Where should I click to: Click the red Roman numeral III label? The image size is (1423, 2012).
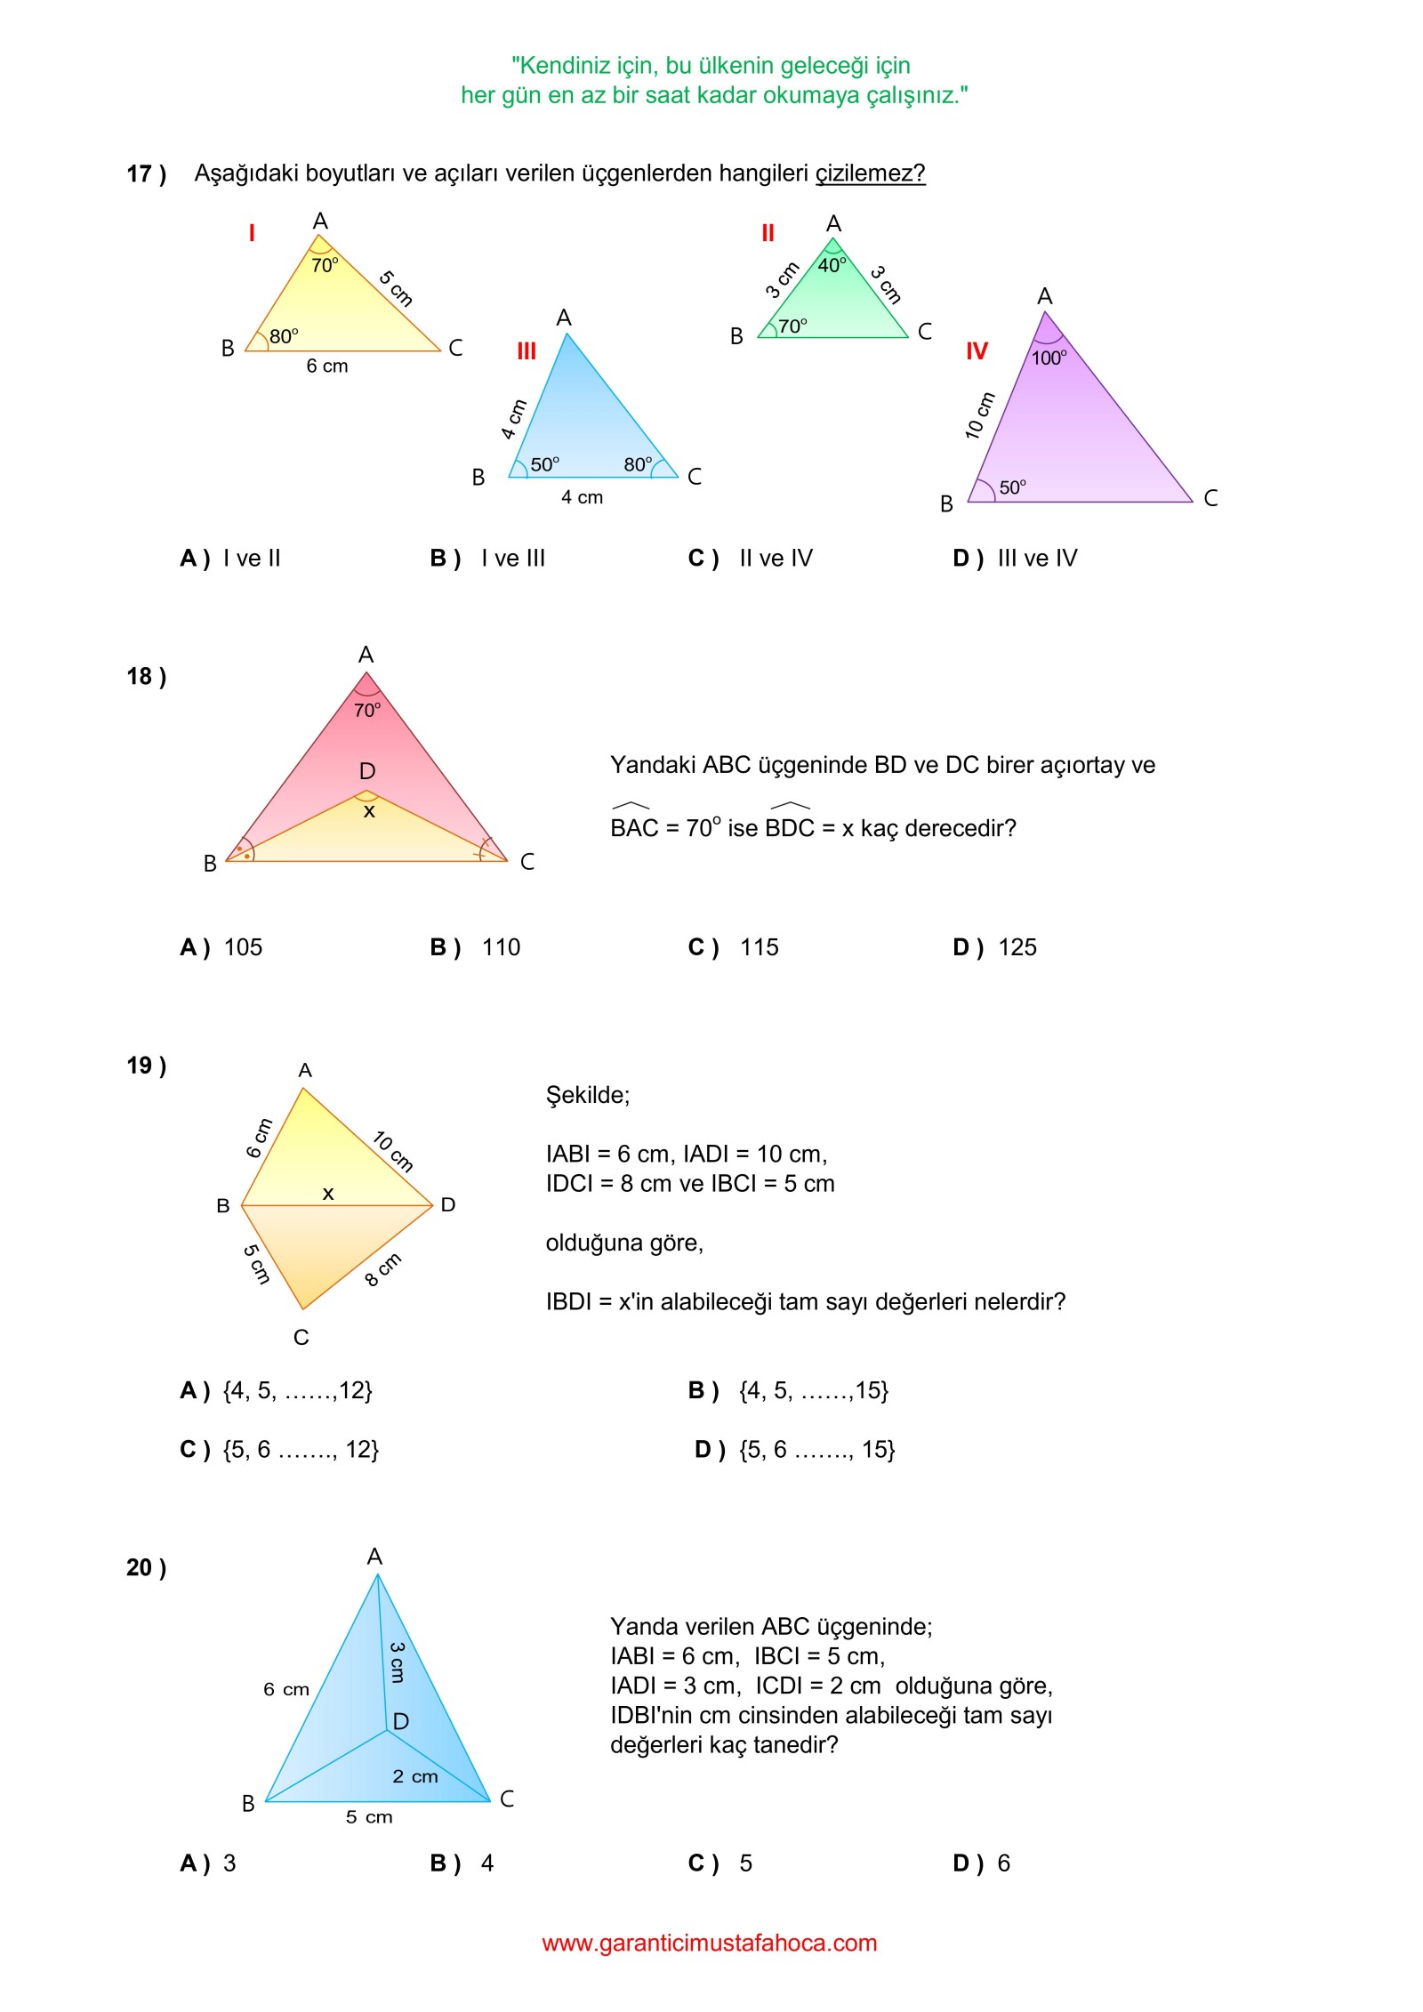click(527, 351)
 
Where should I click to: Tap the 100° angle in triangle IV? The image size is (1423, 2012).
click(1049, 358)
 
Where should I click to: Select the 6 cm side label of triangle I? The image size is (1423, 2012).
click(327, 366)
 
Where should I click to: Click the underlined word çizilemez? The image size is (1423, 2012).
click(870, 173)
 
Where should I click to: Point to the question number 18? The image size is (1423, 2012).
click(146, 677)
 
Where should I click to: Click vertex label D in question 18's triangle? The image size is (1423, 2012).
click(367, 771)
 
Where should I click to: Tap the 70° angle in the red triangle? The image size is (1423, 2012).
click(367, 710)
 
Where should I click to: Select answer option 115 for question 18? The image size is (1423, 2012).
click(759, 947)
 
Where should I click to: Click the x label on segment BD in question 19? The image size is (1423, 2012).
click(328, 1194)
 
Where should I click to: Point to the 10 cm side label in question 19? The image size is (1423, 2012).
click(393, 1151)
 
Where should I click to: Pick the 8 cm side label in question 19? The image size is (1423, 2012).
click(383, 1269)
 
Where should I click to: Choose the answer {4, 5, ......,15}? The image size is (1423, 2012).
click(813, 1390)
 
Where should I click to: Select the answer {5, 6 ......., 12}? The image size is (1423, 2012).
click(301, 1450)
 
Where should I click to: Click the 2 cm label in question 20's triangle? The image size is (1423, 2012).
click(414, 1776)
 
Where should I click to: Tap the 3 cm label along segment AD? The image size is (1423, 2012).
click(398, 1662)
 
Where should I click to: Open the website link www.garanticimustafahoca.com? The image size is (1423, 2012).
click(710, 1943)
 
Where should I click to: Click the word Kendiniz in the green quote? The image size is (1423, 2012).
click(564, 66)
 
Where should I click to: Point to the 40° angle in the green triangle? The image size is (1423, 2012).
click(832, 265)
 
